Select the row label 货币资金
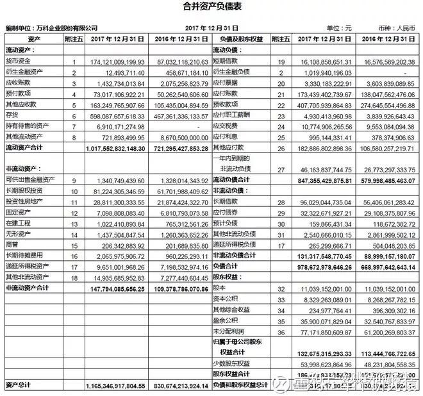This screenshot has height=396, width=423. tap(19, 62)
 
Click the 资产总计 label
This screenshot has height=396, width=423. tap(17, 386)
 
